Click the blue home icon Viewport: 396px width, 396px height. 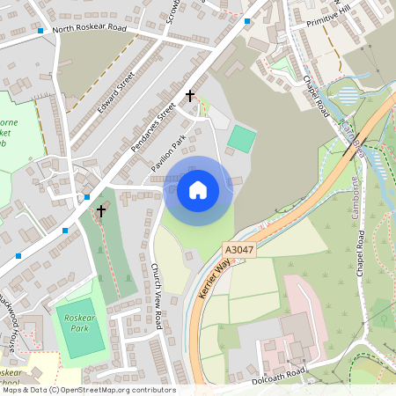pyautogui.click(x=197, y=189)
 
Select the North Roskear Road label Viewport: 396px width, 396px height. pyautogui.click(x=89, y=28)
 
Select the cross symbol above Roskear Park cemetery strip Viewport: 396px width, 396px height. pyautogui.click(x=101, y=210)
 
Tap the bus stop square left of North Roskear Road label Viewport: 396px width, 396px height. pyautogui.click(x=40, y=31)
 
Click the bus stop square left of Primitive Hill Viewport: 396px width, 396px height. pyautogui.click(x=247, y=20)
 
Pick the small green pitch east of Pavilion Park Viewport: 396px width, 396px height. pyautogui.click(x=242, y=137)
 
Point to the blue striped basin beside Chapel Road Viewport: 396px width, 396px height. pyautogui.click(x=348, y=95)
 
